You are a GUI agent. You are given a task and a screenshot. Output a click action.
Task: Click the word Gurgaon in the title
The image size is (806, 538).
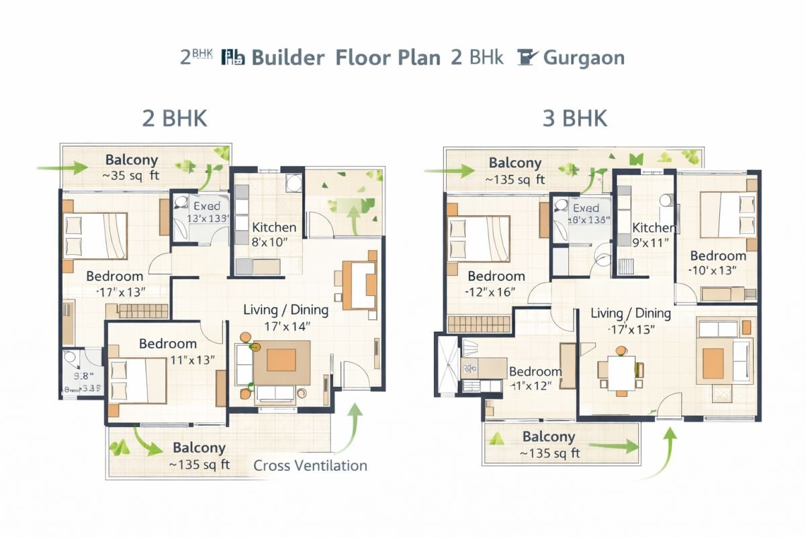583,57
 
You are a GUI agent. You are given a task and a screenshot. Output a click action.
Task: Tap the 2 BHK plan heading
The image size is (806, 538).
175,118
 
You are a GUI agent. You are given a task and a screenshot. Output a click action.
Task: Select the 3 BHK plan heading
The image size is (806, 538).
575,118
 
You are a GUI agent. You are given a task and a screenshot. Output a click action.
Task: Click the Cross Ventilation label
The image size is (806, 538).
310,465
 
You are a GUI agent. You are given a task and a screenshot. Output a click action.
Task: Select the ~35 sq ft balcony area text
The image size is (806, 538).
132,177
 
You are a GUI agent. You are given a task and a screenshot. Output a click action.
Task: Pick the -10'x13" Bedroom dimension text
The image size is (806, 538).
713,270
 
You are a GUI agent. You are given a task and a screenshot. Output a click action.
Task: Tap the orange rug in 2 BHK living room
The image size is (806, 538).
281,360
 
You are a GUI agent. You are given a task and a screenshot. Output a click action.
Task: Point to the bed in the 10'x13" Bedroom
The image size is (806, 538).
729,215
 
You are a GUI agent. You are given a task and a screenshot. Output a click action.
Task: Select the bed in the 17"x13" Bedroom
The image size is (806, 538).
95,235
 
